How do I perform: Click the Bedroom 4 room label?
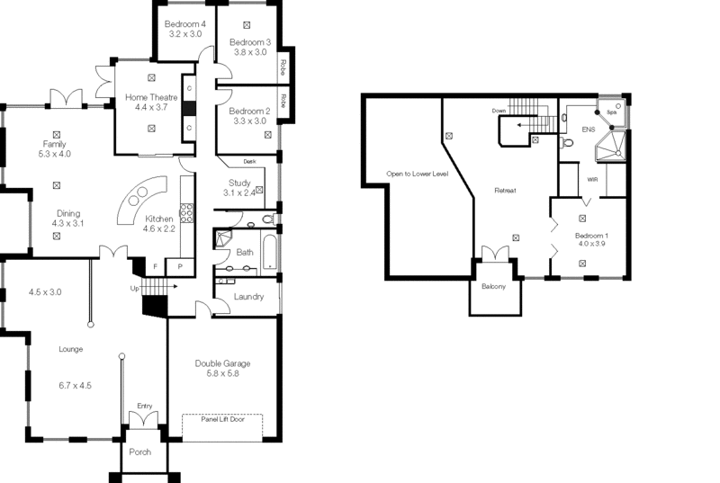coord(186,23)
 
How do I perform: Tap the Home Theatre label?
coord(151,96)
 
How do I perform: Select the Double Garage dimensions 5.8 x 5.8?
coord(222,373)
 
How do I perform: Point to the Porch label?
coord(140,452)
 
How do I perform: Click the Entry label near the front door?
coord(144,406)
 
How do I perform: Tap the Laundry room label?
coord(247,297)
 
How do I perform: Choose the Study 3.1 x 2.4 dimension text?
coord(239,192)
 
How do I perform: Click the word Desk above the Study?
coord(250,162)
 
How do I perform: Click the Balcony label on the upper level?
coord(493,287)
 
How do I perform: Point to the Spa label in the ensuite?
coord(611,112)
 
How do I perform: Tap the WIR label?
coord(592,180)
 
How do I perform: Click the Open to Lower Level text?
coord(417,173)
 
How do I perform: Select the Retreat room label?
coord(505,191)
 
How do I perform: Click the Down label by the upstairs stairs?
coord(499,111)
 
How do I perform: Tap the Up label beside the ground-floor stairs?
coord(136,288)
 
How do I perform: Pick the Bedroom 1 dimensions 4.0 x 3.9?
coord(592,246)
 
